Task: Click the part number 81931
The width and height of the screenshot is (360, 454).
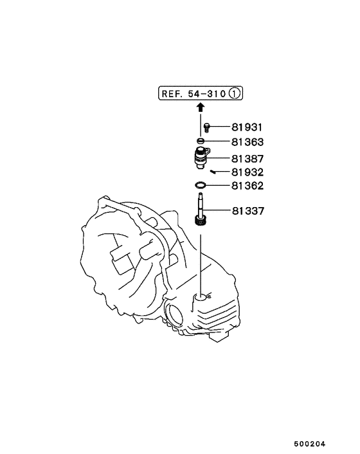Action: click(247, 127)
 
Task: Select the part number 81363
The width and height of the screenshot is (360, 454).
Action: click(248, 142)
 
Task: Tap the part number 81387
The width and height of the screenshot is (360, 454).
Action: click(248, 159)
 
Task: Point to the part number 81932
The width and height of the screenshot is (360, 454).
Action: click(248, 172)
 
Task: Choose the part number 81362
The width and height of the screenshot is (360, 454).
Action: click(248, 186)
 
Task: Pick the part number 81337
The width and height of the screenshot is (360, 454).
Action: click(248, 211)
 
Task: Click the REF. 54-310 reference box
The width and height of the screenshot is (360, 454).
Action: click(201, 93)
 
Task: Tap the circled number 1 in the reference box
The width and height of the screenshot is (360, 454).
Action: click(235, 93)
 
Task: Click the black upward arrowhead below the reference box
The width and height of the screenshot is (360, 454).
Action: click(201, 107)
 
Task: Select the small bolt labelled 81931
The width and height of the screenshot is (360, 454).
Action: click(206, 127)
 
